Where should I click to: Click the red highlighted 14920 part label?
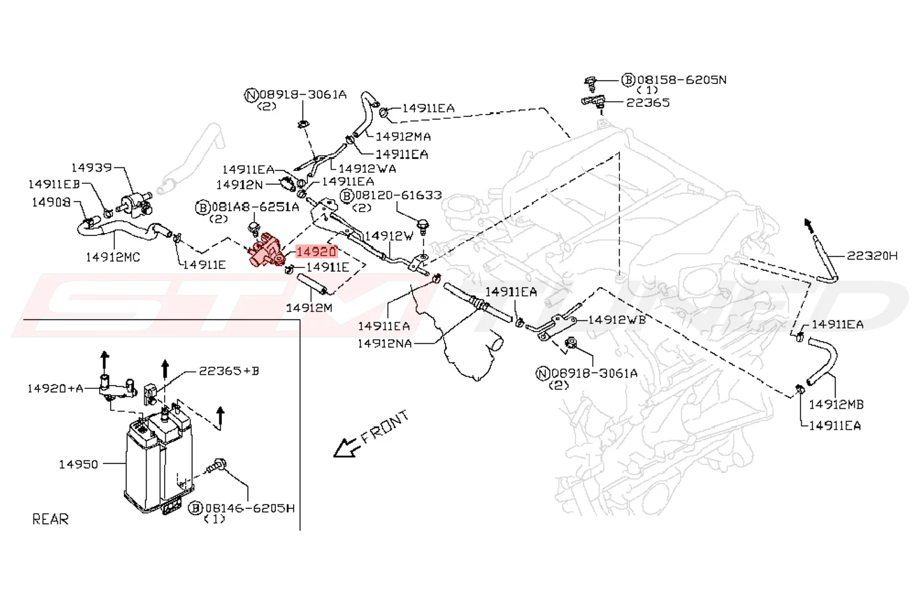[316, 252]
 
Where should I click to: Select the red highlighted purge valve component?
[267, 250]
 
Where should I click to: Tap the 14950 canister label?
[78, 464]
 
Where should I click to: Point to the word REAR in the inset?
[51, 520]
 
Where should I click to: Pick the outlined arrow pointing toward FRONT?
[347, 447]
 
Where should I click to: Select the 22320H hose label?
[872, 256]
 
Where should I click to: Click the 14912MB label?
[836, 405]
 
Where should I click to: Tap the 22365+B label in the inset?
[229, 371]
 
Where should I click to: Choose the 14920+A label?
[55, 388]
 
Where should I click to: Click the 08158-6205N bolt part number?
[681, 79]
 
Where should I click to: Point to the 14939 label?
[91, 168]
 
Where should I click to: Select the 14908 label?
[51, 202]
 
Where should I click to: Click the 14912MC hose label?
[113, 257]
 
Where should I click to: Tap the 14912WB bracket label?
[617, 320]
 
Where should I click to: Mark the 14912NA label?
[385, 343]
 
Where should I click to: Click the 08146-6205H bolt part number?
[250, 509]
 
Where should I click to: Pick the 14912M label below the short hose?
[309, 307]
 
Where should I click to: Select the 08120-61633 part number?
[398, 195]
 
